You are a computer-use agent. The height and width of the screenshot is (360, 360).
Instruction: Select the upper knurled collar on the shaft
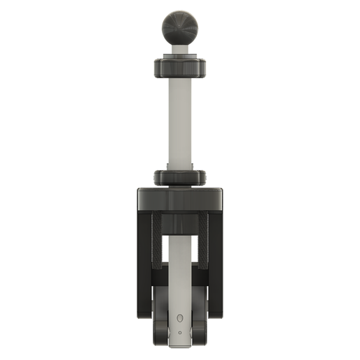[179, 68]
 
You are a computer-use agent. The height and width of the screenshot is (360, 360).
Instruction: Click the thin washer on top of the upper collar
[179, 60]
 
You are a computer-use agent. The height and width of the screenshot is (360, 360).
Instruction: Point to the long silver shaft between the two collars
[179, 122]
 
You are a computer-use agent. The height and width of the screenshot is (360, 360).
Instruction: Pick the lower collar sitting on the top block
[179, 178]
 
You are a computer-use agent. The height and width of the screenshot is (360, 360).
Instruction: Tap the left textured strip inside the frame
[158, 241]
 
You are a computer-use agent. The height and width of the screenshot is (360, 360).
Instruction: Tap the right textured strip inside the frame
[202, 241]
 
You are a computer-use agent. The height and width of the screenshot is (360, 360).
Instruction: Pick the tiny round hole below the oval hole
[179, 332]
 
